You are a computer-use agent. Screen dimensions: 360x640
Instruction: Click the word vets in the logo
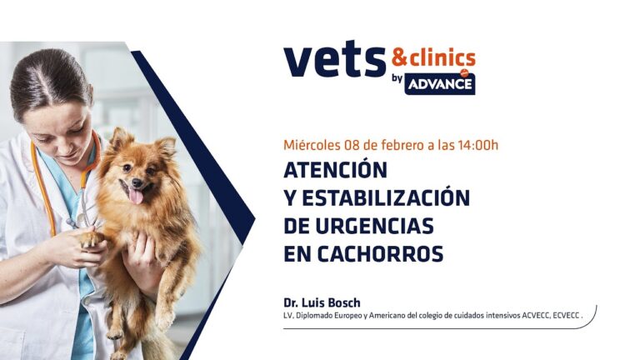click(x=333, y=62)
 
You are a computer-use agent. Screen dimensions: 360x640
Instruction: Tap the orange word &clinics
click(x=433, y=57)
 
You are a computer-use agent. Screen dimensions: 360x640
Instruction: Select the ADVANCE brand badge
click(x=440, y=83)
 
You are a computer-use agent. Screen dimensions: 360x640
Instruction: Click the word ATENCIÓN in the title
click(x=336, y=170)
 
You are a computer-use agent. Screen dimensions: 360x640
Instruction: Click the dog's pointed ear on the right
click(x=167, y=147)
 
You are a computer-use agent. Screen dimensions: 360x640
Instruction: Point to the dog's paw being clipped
click(x=89, y=239)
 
